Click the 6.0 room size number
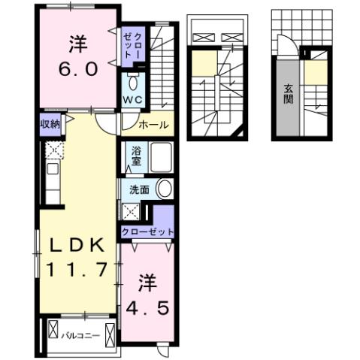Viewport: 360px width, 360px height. (x=76, y=70)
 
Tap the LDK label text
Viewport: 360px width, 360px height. (x=76, y=244)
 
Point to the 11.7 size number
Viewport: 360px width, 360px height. (x=76, y=269)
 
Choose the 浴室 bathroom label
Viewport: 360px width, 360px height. (x=136, y=155)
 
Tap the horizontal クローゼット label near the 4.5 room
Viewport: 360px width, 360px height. (x=147, y=232)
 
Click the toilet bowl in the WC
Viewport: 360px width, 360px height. (x=133, y=81)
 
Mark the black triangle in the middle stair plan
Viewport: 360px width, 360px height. (x=241, y=133)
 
